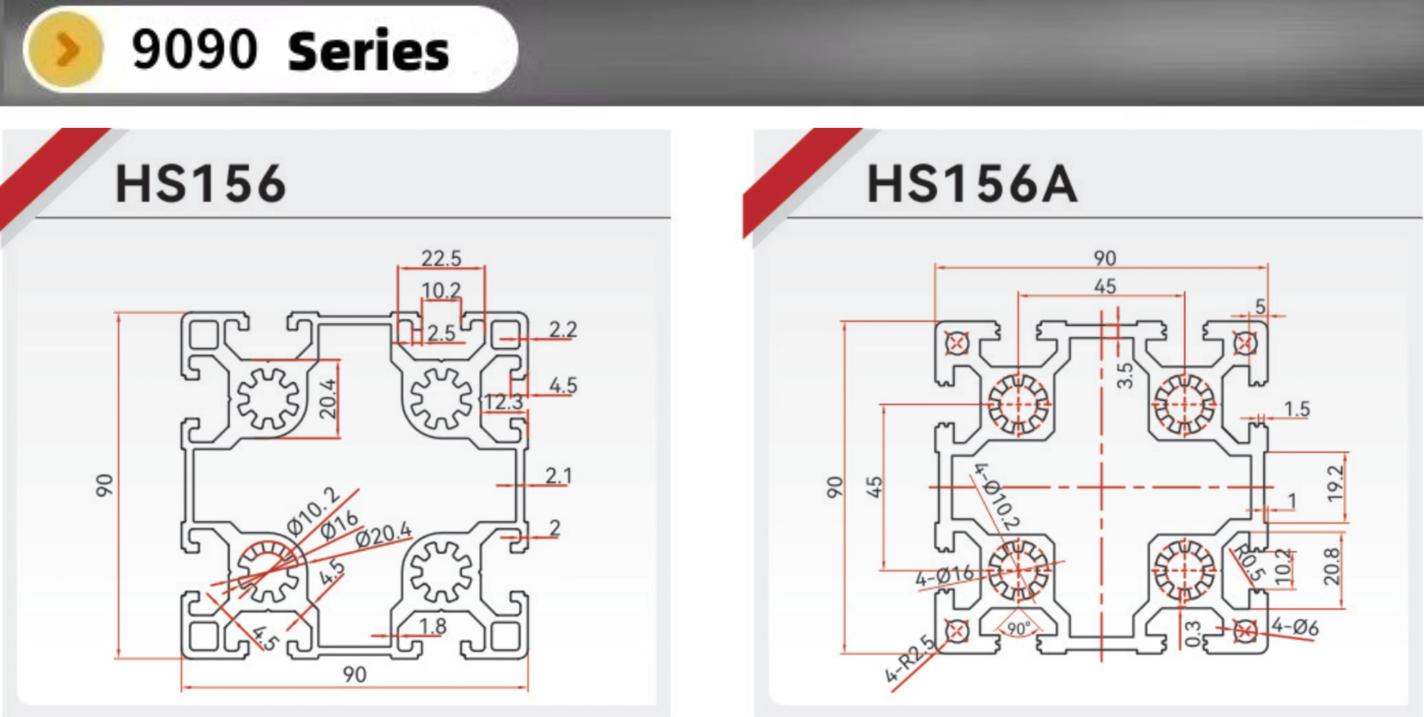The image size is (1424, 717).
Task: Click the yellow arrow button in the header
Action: [64, 49]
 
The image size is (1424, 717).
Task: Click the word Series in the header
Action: [368, 51]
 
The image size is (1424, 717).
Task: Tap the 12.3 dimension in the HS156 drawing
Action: [503, 402]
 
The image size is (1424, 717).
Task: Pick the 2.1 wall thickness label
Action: [558, 475]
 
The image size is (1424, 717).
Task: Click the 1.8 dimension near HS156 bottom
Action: [432, 626]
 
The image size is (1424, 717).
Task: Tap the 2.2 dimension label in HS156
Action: [563, 329]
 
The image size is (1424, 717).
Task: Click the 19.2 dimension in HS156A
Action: [1334, 484]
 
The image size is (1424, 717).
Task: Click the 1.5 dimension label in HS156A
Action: [1297, 409]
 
